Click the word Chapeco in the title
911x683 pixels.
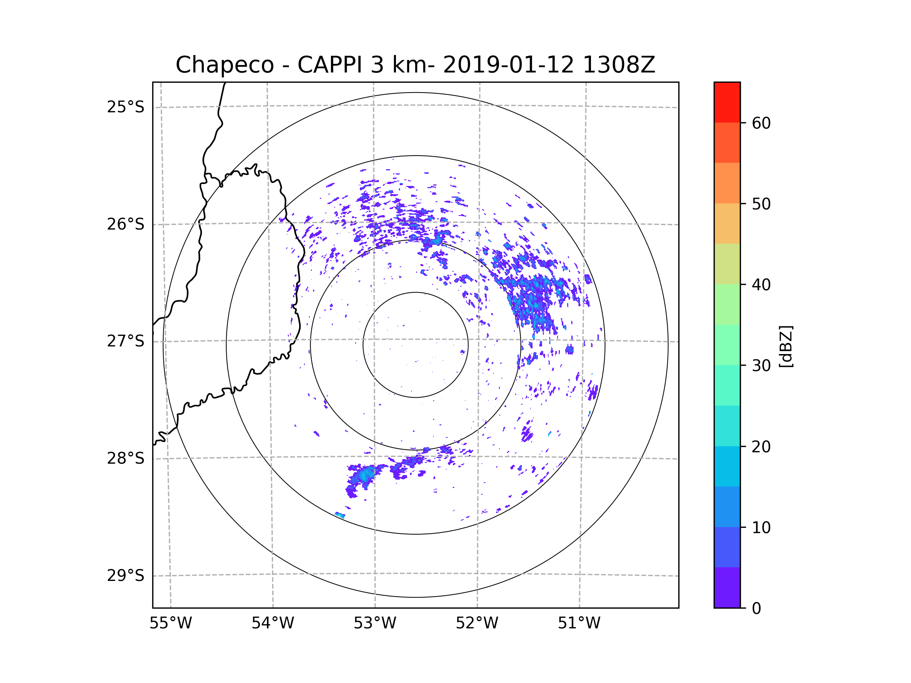(x=224, y=65)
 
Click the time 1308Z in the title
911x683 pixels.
(x=619, y=65)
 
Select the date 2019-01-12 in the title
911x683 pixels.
(x=508, y=65)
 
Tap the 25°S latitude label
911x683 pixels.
(x=126, y=107)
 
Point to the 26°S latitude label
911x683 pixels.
(x=126, y=224)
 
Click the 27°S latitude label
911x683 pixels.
(x=126, y=341)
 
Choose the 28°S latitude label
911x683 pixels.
(x=126, y=458)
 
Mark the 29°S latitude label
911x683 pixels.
(x=126, y=576)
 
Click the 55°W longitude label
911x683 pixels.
(x=170, y=623)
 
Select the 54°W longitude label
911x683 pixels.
(x=273, y=623)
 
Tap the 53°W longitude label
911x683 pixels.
(x=375, y=623)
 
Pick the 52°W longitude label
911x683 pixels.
(x=477, y=623)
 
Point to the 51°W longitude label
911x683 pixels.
(x=579, y=623)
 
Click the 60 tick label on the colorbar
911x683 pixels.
(x=761, y=123)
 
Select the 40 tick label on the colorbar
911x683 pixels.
(x=761, y=285)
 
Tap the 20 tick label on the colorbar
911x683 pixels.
(x=761, y=447)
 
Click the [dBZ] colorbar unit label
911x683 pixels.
(x=786, y=346)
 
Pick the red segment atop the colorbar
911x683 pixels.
(x=727, y=102)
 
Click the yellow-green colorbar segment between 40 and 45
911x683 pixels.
(x=727, y=264)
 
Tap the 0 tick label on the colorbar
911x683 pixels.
(x=757, y=609)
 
